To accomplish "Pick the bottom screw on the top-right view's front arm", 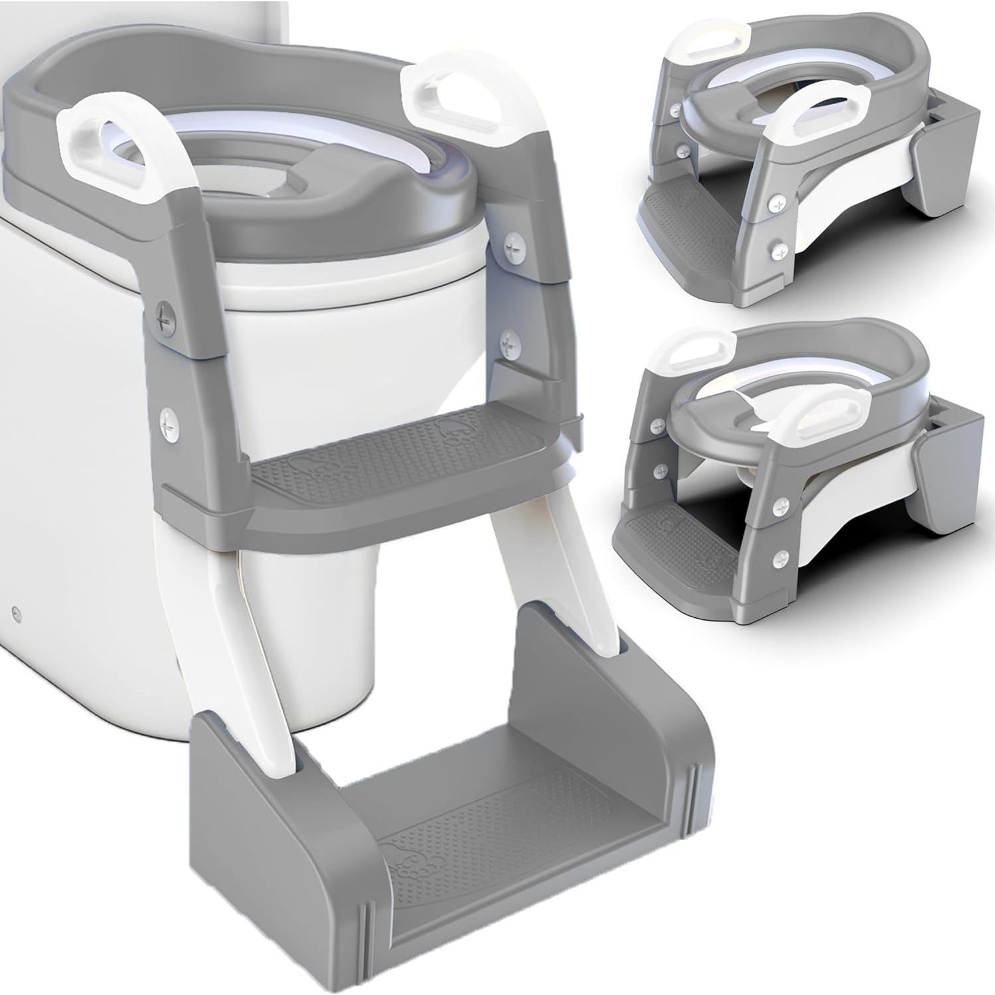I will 774,250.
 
